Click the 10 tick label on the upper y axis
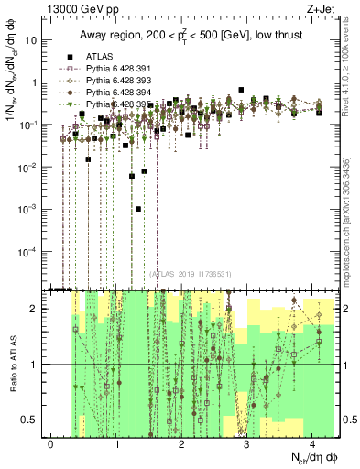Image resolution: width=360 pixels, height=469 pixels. click(34, 40)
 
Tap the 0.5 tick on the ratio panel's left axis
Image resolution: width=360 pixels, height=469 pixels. click(35, 420)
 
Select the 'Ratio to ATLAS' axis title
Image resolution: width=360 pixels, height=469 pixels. click(12, 364)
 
